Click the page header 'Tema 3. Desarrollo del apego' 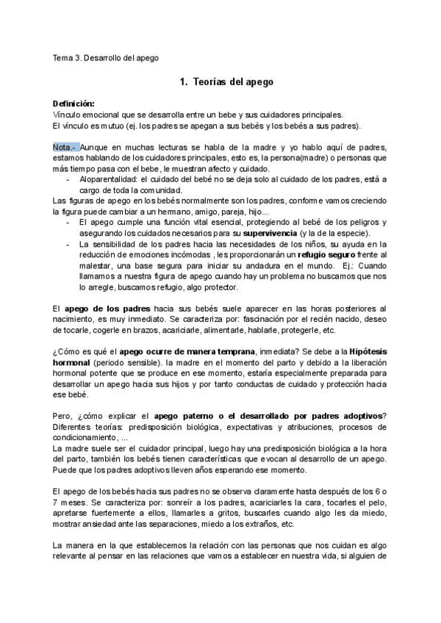click(106, 57)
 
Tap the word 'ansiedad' click(109, 524)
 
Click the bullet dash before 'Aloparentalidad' click(68, 179)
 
